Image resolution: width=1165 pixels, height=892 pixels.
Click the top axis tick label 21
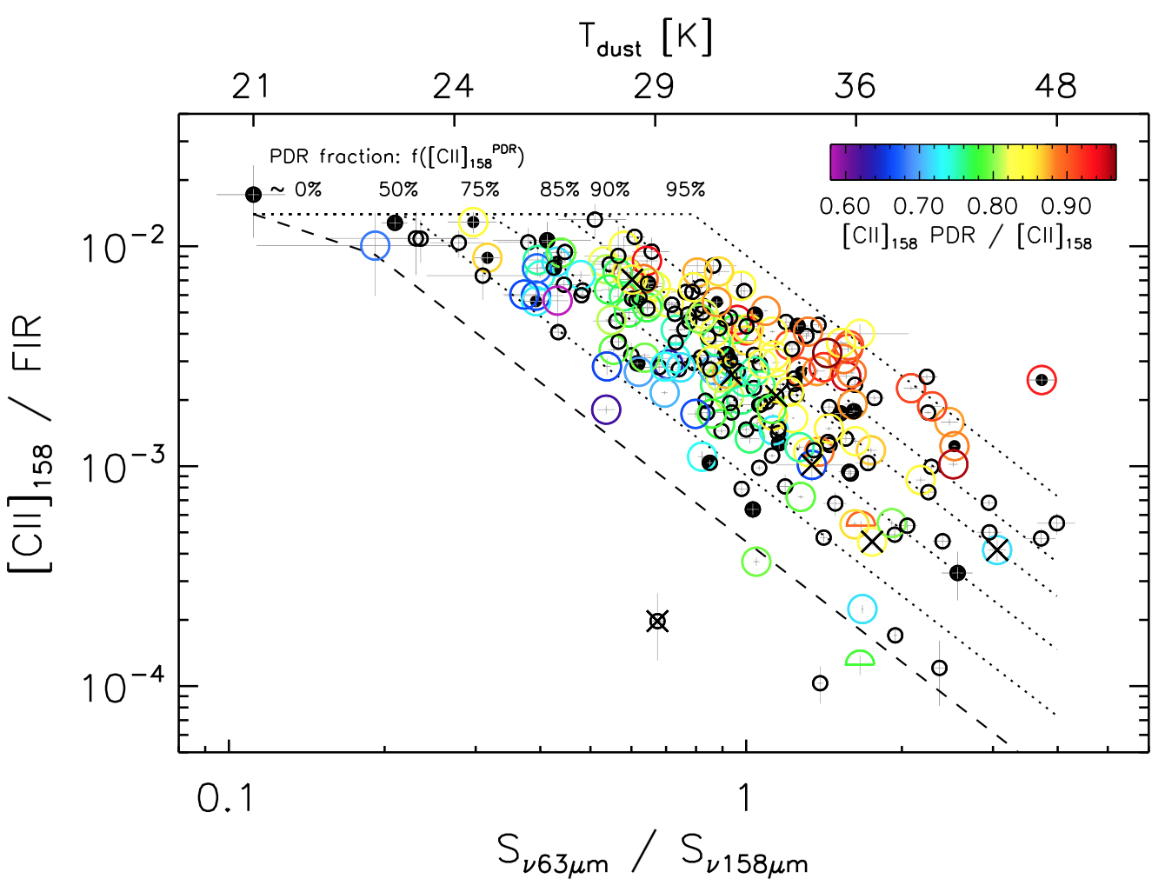251,86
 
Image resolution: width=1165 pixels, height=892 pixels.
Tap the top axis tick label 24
453,86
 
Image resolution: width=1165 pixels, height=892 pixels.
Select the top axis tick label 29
654,86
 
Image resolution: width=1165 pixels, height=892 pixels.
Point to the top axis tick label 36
855,86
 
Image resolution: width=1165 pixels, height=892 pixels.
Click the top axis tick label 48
1056,86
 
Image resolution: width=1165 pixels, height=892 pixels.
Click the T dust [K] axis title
645,39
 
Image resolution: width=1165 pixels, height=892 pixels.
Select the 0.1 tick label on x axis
226,797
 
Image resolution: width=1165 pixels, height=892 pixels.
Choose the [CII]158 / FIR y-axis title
32,443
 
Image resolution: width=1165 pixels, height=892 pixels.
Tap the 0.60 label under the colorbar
844,206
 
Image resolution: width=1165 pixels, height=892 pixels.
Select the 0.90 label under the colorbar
1066,206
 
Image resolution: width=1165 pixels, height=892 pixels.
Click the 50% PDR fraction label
398,190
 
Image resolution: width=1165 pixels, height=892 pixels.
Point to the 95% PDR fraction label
685,190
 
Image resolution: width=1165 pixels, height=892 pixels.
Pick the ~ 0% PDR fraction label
296,190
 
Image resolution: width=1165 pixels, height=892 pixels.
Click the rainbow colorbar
973,162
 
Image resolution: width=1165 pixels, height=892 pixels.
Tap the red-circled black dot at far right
1042,380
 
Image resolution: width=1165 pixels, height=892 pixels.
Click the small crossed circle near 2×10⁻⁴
658,621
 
